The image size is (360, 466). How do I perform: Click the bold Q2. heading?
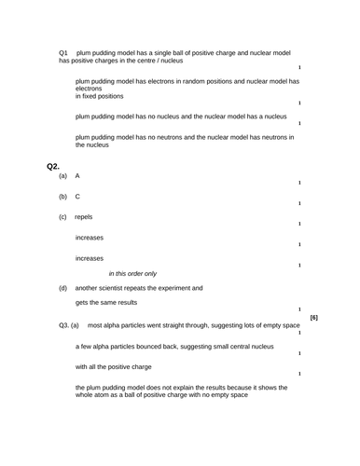point(53,166)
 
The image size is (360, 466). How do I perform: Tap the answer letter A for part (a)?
point(77,176)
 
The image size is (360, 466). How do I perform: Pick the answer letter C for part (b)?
point(77,197)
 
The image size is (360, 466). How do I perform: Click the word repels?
point(84,217)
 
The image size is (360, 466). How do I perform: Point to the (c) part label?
point(62,217)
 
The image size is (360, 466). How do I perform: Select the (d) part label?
point(62,288)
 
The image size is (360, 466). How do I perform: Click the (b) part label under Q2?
point(62,197)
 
